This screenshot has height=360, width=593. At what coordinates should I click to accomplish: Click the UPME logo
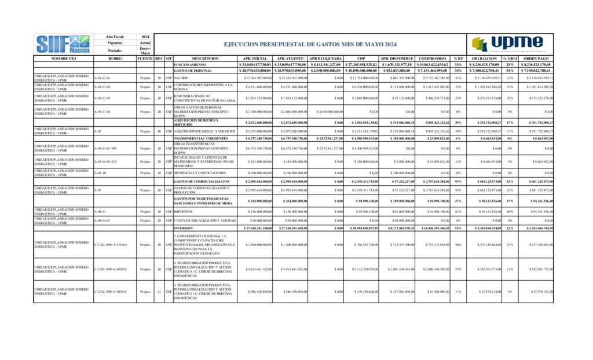pos(507,43)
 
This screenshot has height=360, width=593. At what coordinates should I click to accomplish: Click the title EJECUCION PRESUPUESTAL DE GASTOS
pos(310,44)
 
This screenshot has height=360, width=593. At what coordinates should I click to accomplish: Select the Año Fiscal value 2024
pos(145,36)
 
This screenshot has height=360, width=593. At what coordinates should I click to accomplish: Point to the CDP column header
pos(361,58)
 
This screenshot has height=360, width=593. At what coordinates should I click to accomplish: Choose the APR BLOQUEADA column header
pos(325,58)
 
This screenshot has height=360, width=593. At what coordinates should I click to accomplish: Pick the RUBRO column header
pos(115,58)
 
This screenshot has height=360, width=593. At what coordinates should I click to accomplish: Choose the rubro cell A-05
pos(97,189)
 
